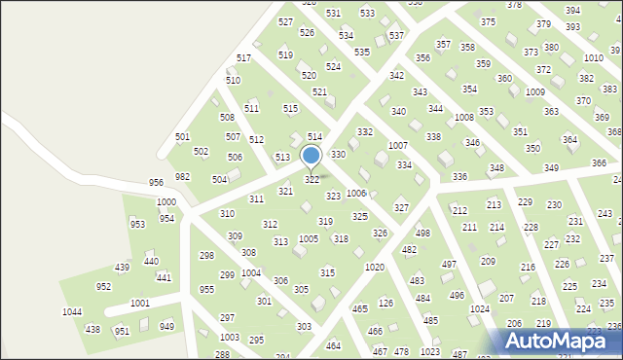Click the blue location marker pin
point(311,156)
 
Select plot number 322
point(311,180)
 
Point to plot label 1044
point(72,312)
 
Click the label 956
point(156,183)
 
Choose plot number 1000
point(166,202)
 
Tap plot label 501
point(182,137)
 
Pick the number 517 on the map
point(243,58)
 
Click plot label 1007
point(397,145)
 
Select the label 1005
point(308,238)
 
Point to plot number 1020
point(374,267)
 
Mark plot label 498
point(422,234)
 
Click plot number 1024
point(479,309)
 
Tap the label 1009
point(534,91)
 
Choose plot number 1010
point(593,58)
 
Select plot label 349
point(551,168)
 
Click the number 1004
point(250,273)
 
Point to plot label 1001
point(140,304)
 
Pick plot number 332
point(364,131)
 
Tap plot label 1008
point(463,117)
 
